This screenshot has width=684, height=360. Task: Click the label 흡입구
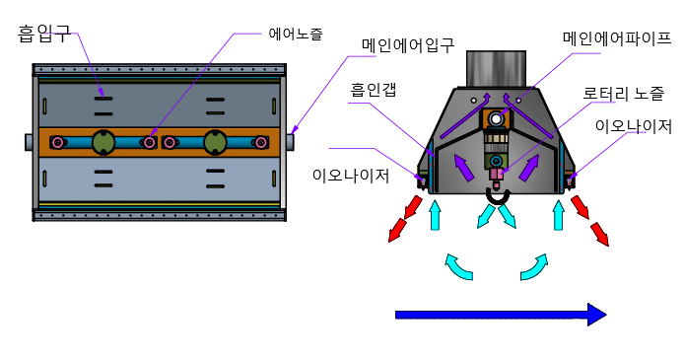43,35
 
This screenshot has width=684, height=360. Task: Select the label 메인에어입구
407,45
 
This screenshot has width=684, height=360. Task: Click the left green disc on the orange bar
103,143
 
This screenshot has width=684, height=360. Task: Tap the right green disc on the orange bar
215,143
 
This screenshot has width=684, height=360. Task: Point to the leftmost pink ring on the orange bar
58,143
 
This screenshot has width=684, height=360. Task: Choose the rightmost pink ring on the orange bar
260,143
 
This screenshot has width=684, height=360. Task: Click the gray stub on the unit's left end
30,142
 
